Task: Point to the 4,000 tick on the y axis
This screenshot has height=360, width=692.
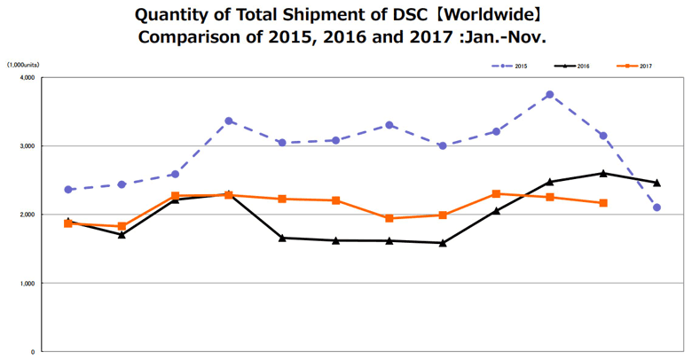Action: (x=26, y=78)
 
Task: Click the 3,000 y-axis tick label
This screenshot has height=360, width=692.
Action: (x=26, y=146)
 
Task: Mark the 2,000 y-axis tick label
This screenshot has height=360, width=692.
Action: (x=26, y=215)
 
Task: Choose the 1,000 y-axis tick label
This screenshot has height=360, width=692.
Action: (x=26, y=284)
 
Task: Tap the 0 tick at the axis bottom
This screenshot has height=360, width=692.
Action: (x=32, y=352)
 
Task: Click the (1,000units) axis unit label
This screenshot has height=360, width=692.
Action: (x=22, y=65)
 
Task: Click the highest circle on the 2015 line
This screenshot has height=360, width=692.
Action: (x=550, y=95)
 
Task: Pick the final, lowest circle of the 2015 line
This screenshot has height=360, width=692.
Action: (x=657, y=207)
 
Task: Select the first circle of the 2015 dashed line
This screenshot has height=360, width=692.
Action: (x=68, y=190)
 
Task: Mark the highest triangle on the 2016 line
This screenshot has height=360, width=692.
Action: (x=603, y=173)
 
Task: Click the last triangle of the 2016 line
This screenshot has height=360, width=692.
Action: (x=657, y=183)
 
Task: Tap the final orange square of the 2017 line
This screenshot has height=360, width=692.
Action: (x=603, y=203)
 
